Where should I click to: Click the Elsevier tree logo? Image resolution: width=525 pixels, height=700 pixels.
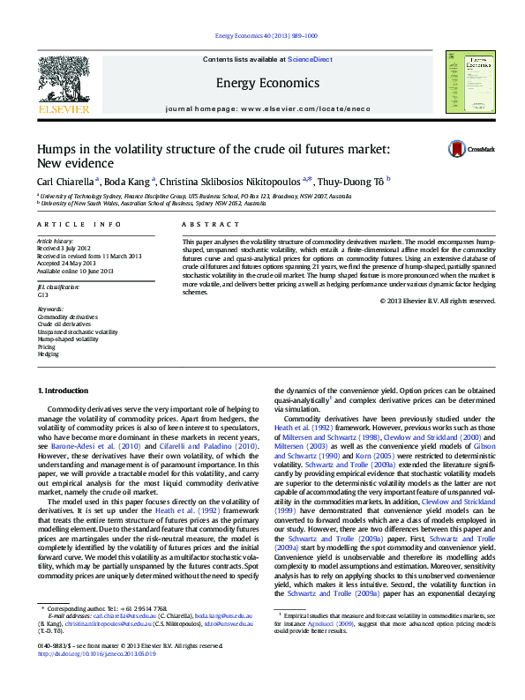point(64,81)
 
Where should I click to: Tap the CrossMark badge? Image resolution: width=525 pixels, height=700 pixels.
point(471,150)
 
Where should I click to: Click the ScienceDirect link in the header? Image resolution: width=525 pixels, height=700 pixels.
point(311,59)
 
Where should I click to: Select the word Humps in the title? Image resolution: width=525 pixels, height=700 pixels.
point(55,149)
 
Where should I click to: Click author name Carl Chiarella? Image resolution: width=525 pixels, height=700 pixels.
point(64,181)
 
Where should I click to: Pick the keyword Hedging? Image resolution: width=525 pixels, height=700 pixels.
point(49,354)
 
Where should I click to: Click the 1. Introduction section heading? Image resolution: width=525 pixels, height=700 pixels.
point(63,390)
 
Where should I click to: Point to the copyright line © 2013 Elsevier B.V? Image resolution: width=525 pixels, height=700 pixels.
point(437,301)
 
